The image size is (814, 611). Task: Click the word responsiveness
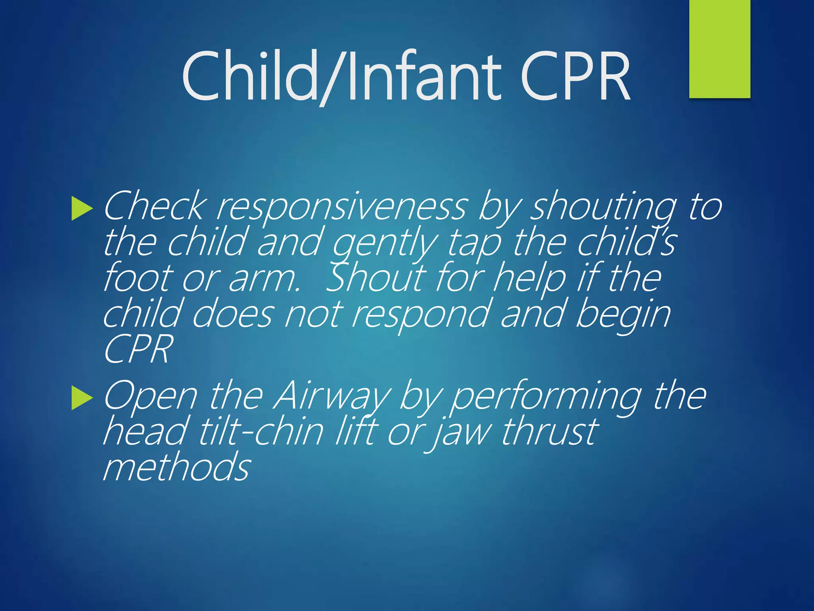tap(341, 207)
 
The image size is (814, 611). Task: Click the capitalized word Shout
tap(376, 277)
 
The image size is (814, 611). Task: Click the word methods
tap(176, 467)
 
